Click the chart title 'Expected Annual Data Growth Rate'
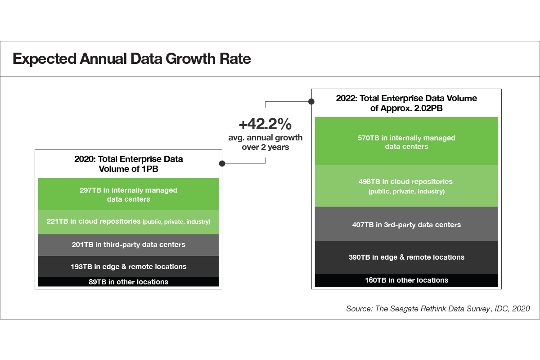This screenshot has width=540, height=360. click(x=131, y=59)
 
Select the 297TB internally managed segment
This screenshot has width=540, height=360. click(x=128, y=194)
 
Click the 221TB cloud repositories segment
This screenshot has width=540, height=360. click(x=128, y=221)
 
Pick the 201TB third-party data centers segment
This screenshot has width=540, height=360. click(x=128, y=245)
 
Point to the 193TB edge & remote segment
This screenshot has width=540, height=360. click(x=128, y=266)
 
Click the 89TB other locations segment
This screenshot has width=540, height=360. click(x=128, y=282)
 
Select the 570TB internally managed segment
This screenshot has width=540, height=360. click(x=406, y=142)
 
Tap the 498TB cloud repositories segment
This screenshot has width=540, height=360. click(x=406, y=186)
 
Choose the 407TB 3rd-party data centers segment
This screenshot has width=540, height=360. click(x=406, y=224)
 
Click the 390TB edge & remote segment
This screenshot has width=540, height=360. click(x=406, y=257)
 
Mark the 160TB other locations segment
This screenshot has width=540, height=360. click(x=406, y=280)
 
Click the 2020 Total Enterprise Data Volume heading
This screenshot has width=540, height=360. click(x=128, y=164)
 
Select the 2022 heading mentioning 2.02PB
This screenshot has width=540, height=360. click(x=406, y=103)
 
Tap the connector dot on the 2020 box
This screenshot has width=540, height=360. click(x=222, y=164)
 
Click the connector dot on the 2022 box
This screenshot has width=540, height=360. click(x=311, y=102)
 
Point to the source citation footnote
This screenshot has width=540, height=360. click(x=438, y=309)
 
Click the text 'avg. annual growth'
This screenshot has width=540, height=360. click(x=265, y=137)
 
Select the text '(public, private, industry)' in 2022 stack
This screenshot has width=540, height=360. click(x=406, y=192)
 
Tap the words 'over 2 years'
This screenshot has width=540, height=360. click(x=265, y=147)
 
